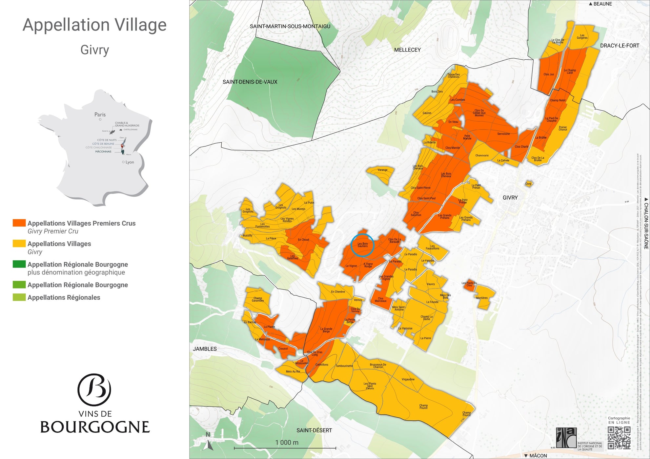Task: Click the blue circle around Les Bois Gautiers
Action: pos(362,245)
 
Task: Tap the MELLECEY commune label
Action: pos(407,50)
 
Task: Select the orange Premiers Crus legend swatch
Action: pos(19,223)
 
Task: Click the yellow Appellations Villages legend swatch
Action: pos(19,243)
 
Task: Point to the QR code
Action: pos(619,438)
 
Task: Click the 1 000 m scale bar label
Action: pos(287,442)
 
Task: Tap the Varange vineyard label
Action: pos(382,170)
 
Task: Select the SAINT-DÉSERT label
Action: pos(314,430)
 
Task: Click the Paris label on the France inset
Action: pos(100,114)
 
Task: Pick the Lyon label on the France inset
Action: pos(130,162)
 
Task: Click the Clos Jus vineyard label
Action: pos(548,74)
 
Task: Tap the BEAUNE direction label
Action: pos(602,4)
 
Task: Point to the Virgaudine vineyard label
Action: pos(408,379)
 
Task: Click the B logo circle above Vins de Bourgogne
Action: pos(94,390)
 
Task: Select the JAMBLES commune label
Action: pos(205,349)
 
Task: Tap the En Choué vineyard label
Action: pos(303,240)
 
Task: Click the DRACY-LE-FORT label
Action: pos(619,46)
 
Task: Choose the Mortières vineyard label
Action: pos(481,298)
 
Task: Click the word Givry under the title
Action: pos(94,50)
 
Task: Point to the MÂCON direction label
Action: pos(538,455)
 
